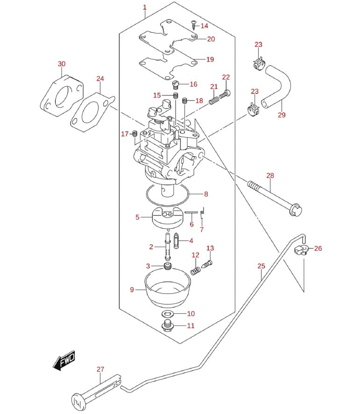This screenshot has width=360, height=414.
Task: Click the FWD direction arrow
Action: pos(64,361)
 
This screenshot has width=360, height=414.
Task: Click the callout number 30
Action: pos(62,64)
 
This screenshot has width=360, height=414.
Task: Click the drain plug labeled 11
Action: pos(168,326)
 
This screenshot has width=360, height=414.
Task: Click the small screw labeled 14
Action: pos(194,25)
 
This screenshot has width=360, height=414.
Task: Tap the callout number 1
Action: pos(145,7)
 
